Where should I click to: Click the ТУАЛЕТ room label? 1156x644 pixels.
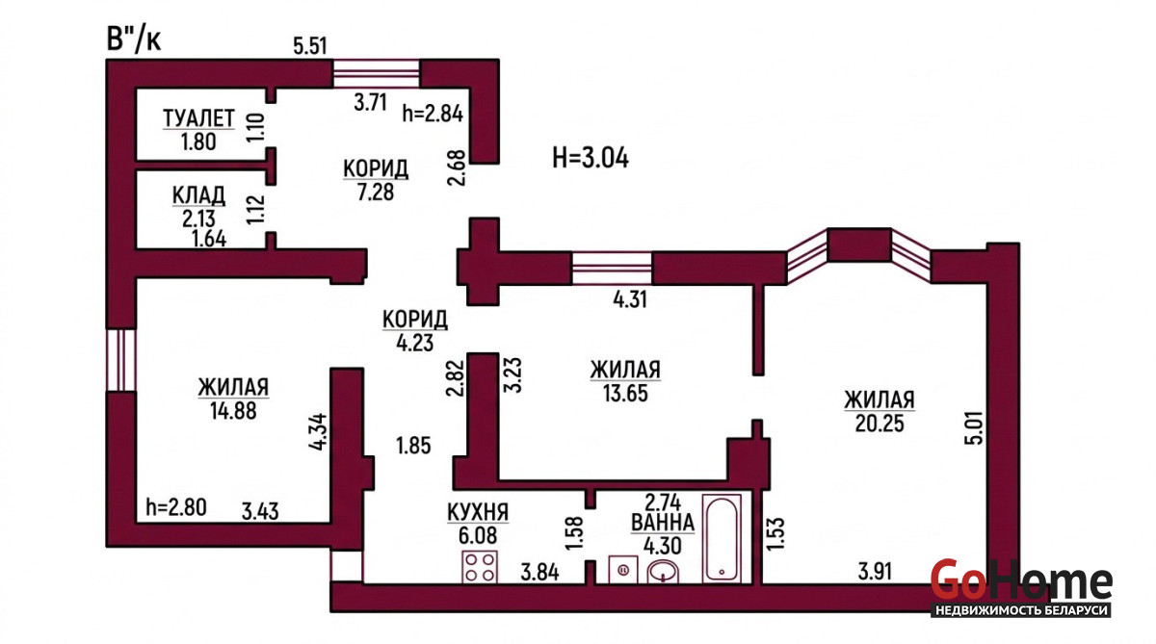point(198,118)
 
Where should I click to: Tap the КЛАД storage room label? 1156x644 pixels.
point(198,196)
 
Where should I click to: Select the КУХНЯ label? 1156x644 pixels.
point(478,512)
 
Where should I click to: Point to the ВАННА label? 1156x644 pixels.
point(663,523)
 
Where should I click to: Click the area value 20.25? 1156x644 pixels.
point(880,424)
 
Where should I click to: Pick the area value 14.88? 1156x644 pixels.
point(233,411)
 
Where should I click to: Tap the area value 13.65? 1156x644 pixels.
point(625,394)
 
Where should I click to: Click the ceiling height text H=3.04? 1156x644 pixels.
point(591,157)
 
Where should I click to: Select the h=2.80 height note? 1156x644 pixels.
point(176,507)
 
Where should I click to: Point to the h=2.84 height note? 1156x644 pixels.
point(433,114)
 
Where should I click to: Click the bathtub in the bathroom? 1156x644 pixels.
point(722,539)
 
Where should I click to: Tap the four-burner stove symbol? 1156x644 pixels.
point(480,567)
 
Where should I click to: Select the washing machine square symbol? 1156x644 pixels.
point(623,569)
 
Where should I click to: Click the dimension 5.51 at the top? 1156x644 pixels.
point(310,46)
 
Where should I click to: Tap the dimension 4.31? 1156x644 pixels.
point(630,299)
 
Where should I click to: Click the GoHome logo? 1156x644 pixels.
point(1021,588)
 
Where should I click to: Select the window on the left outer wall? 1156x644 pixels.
point(120,360)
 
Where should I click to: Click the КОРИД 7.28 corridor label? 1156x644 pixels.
point(376,180)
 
